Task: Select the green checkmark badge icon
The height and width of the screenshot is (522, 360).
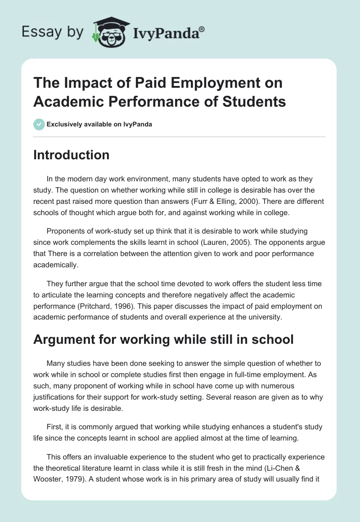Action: point(39,124)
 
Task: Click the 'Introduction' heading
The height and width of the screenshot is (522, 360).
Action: point(71,155)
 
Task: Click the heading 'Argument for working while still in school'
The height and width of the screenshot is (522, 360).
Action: point(163,339)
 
